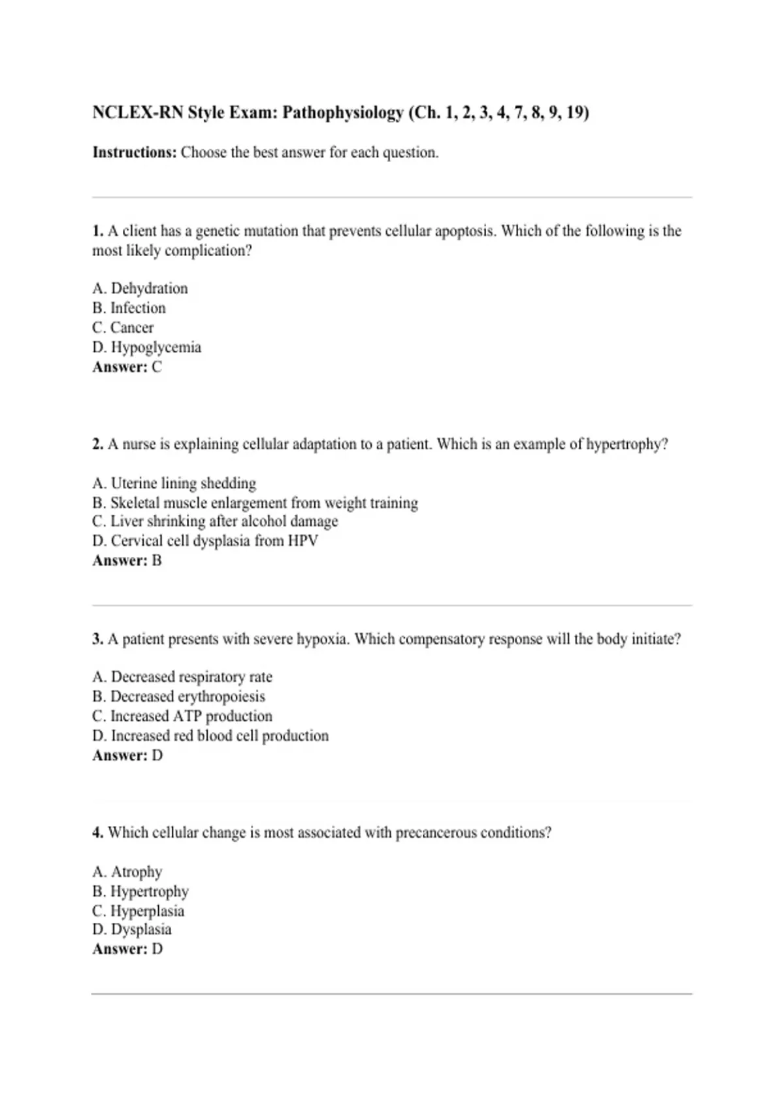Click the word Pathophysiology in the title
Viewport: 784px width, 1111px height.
(343, 113)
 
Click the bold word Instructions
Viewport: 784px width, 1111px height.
(134, 153)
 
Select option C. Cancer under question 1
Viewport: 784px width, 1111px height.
(123, 327)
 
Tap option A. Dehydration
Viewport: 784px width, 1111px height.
(140, 288)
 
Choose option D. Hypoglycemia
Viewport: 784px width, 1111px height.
(146, 347)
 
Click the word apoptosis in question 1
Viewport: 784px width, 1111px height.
(465, 231)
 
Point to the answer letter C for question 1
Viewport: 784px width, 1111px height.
(157, 367)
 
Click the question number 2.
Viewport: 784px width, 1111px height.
(97, 444)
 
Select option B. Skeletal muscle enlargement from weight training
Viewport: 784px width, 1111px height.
(255, 503)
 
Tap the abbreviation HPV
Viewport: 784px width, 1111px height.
(303, 541)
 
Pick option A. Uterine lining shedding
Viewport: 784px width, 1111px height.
(174, 483)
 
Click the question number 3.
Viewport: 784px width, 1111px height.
(97, 639)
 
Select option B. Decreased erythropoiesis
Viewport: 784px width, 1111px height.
(178, 697)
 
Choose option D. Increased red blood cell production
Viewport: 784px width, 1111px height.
(210, 736)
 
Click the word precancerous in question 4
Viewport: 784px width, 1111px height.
(436, 833)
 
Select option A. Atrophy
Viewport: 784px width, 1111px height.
(127, 872)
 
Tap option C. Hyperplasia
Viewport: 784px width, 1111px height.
(138, 911)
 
